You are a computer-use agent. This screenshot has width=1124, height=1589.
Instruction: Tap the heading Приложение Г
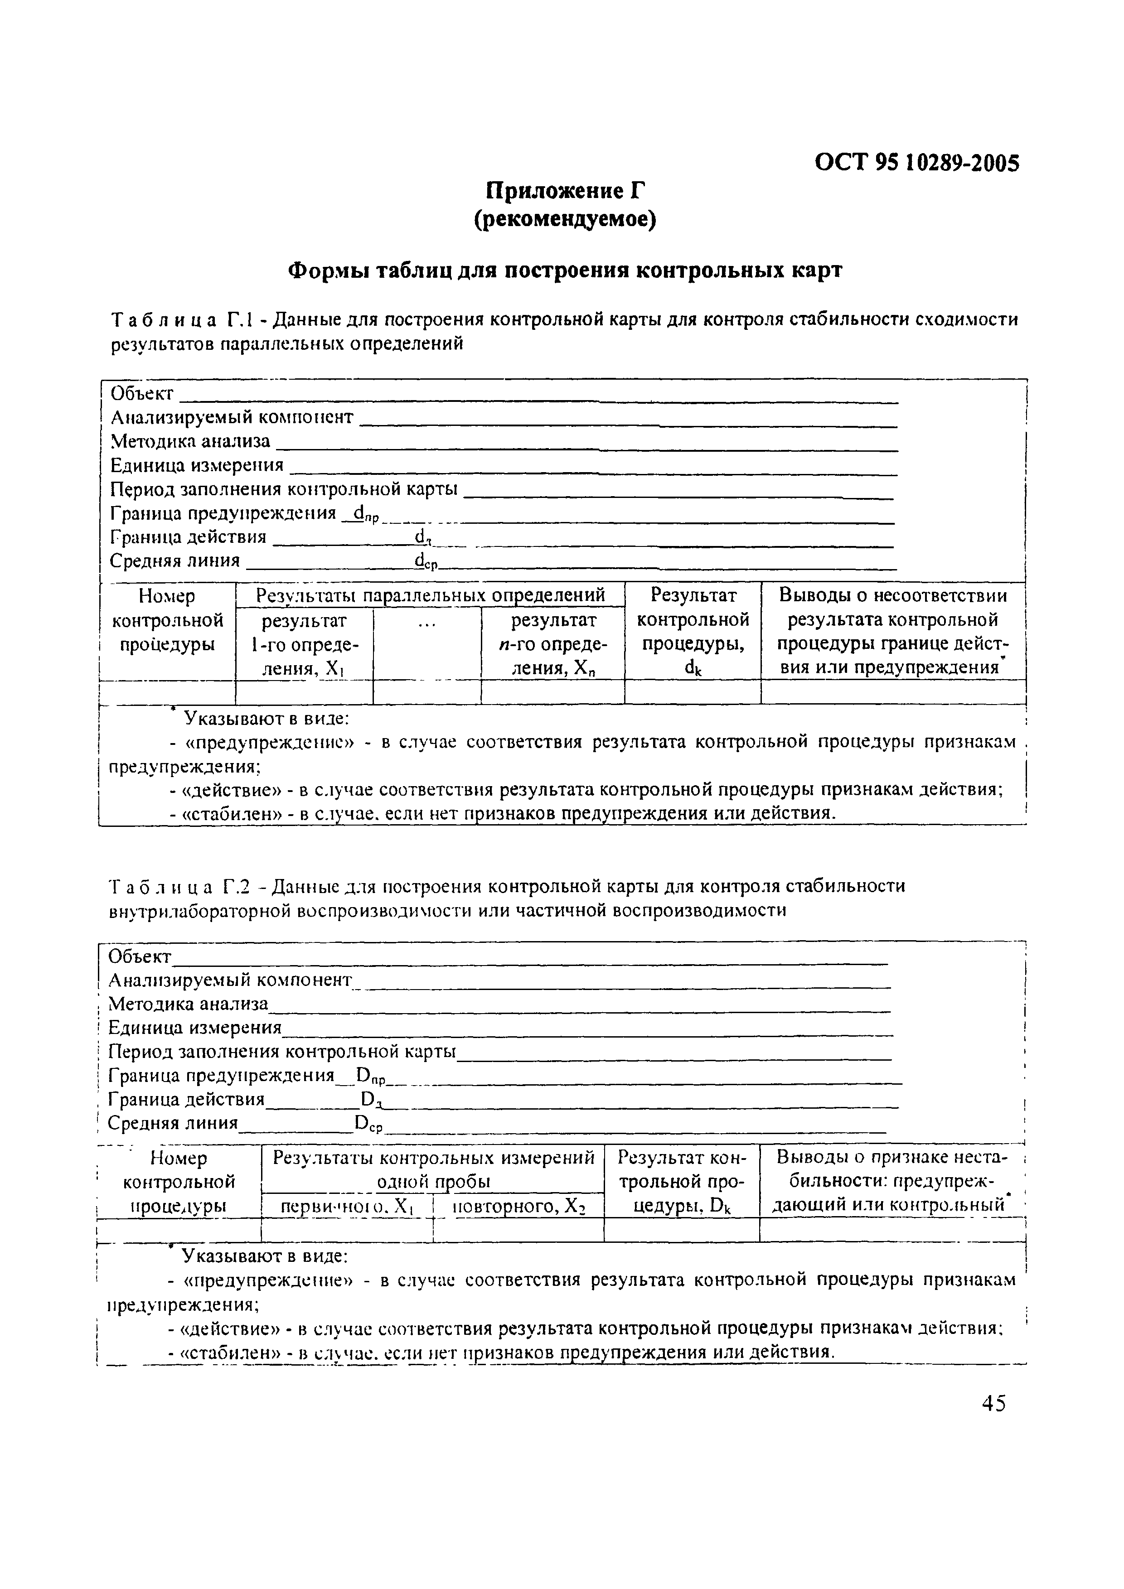pyautogui.click(x=564, y=191)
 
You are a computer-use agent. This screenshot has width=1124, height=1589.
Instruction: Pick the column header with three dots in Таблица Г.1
pyautogui.click(x=427, y=624)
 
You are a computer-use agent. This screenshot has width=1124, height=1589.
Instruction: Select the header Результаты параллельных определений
pyautogui.click(x=431, y=595)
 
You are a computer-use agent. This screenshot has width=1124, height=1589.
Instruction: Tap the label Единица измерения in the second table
pyautogui.click(x=195, y=1028)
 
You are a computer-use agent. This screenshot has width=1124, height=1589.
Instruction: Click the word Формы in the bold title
pyautogui.click(x=325, y=270)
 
